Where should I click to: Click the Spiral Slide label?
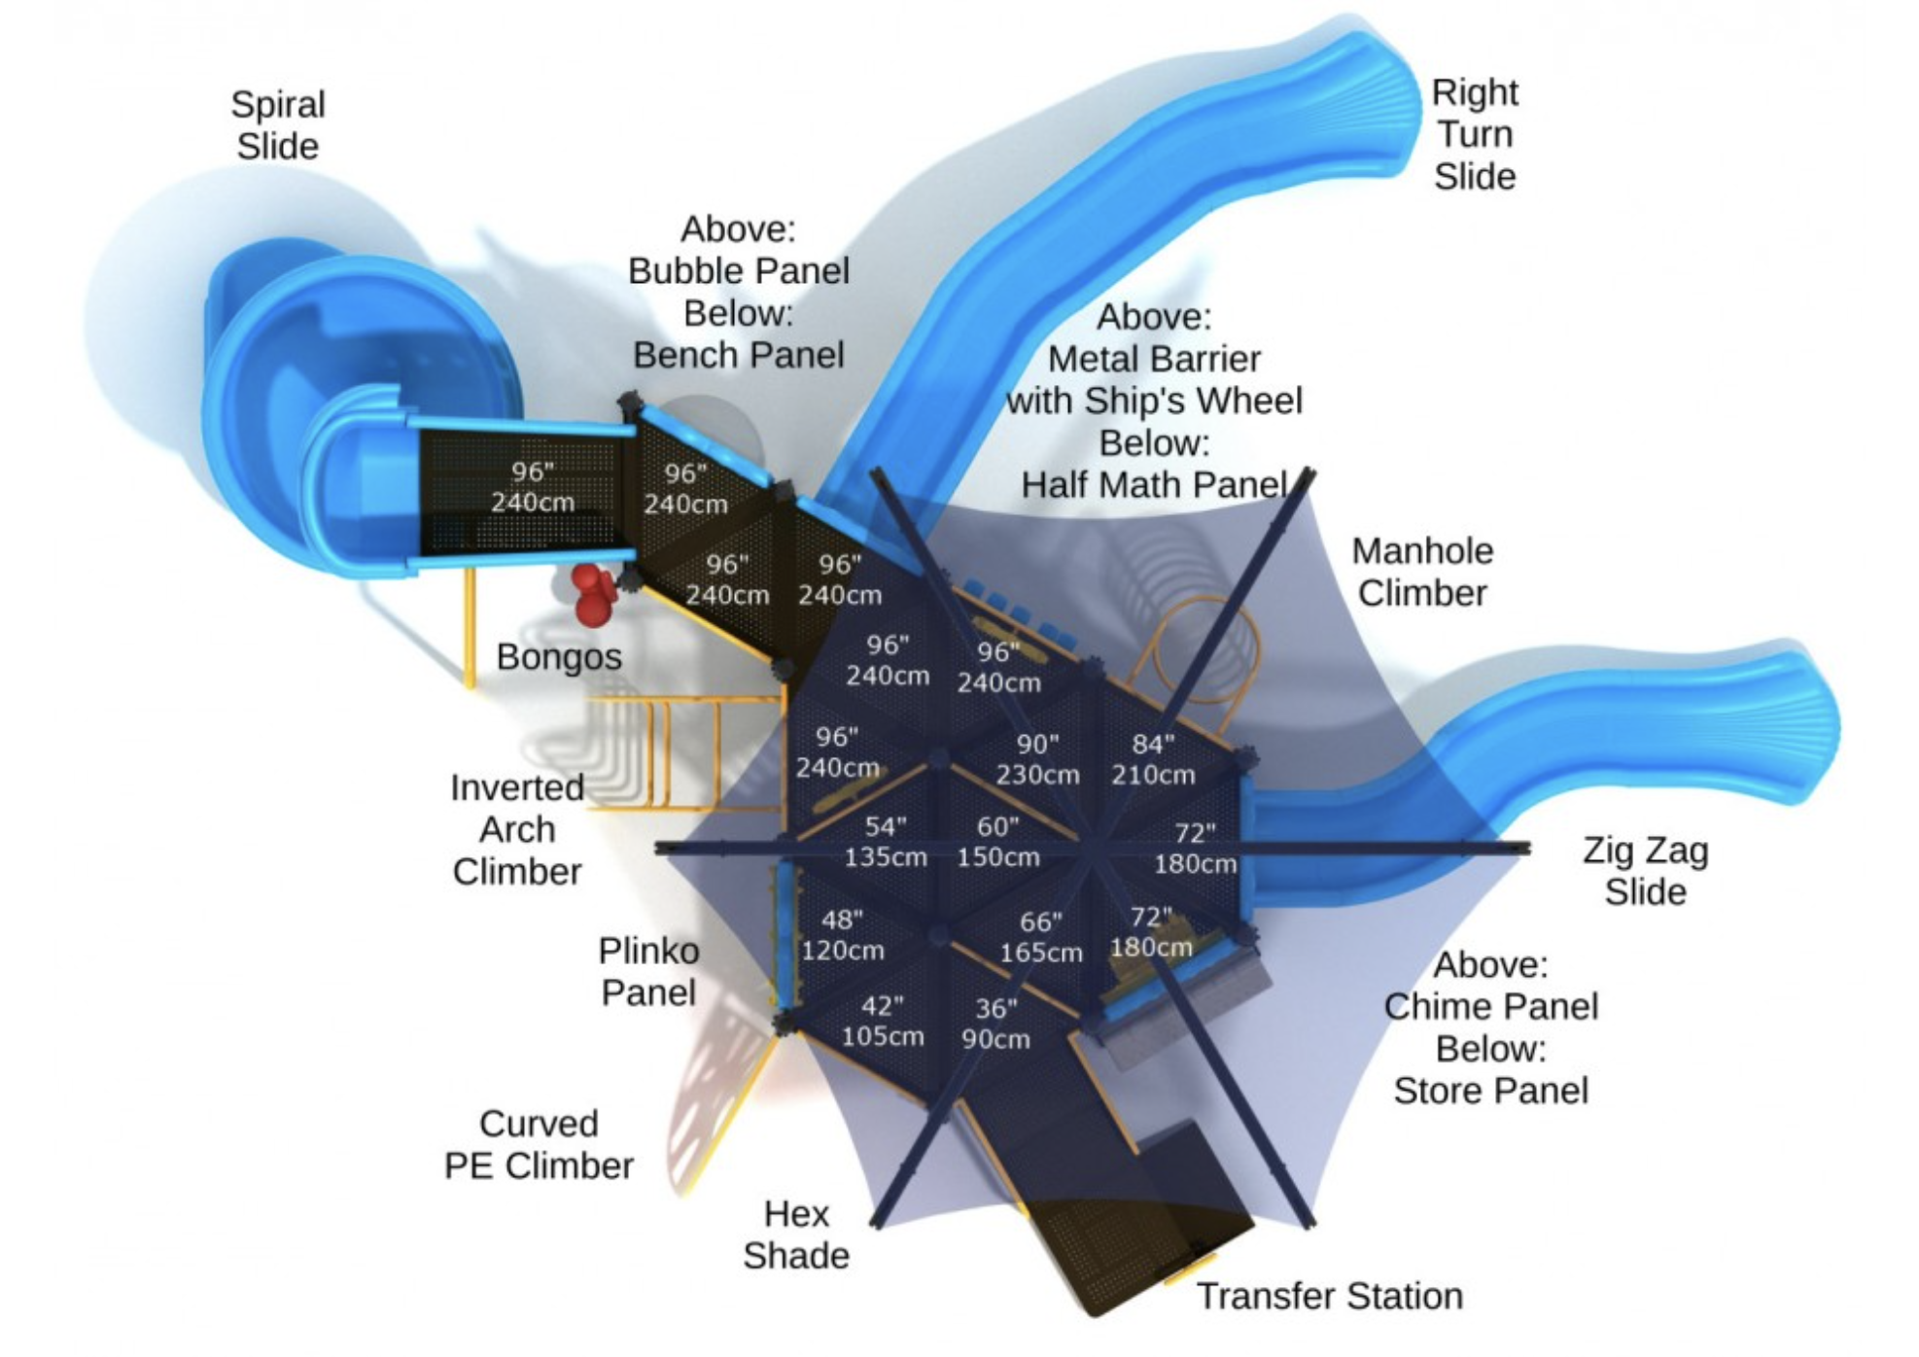278,125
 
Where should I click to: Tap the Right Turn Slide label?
1475,134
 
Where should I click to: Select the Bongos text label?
559,657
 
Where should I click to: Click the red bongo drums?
592,593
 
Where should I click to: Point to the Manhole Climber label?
1422,572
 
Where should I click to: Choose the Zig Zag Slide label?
1645,871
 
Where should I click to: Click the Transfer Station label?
1329,1296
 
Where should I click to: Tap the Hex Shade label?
796,1235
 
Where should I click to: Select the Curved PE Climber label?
539,1144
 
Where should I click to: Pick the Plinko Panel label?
648,971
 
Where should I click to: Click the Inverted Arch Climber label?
517,829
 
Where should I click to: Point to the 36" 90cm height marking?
995,1024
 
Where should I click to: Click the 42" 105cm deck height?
883,1021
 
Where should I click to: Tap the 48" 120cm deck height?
842,935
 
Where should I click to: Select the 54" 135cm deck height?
886,842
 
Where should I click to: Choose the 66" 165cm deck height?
1041,937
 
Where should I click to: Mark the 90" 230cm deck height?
1037,759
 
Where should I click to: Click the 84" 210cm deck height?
1153,759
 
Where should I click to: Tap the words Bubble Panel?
739,271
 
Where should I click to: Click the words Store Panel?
1490,1091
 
